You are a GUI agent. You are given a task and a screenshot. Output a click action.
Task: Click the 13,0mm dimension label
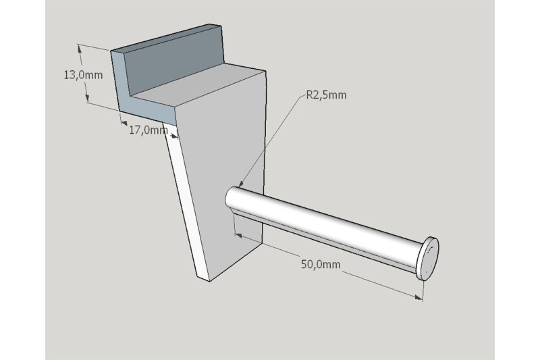(x=83, y=75)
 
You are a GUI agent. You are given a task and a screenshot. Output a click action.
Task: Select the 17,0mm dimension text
(x=148, y=130)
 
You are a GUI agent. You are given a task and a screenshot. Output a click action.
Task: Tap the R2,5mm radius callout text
(x=326, y=95)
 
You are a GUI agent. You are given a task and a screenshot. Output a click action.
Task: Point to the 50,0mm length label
(x=321, y=265)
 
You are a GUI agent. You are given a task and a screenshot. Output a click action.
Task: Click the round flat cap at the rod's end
(x=427, y=258)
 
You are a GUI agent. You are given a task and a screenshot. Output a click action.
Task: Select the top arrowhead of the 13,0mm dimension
(x=80, y=49)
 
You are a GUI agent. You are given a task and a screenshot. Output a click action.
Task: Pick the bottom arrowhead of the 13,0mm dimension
(x=87, y=98)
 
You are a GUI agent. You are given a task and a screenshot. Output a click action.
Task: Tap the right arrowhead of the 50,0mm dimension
(x=418, y=297)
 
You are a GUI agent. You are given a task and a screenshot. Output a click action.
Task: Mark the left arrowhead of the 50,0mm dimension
(x=239, y=235)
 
